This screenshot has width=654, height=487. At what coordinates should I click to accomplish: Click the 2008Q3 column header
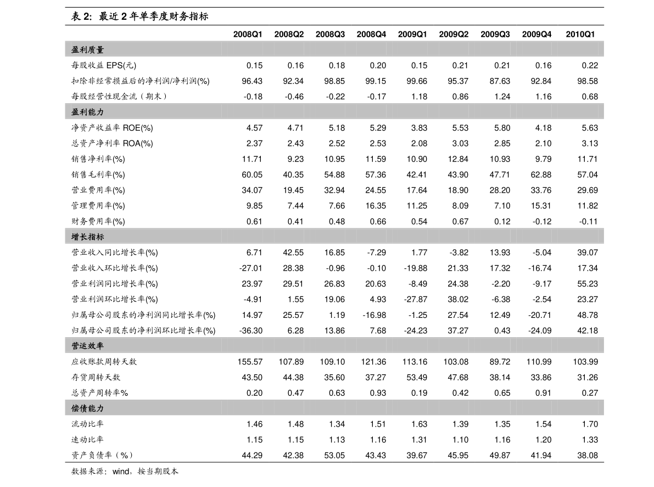point(330,34)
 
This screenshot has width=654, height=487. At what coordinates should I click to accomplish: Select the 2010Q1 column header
point(580,34)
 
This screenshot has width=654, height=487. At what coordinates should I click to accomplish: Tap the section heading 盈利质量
point(88,49)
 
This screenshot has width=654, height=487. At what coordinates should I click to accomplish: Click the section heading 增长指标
point(88,237)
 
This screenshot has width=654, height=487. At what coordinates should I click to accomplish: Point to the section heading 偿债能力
point(88,408)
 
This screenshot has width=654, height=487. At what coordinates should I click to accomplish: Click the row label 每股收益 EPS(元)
point(104,65)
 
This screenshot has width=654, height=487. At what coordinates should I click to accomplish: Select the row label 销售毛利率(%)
point(98,174)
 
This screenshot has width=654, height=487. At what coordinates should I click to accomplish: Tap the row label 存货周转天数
point(96,377)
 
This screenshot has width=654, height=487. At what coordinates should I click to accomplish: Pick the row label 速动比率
point(87,439)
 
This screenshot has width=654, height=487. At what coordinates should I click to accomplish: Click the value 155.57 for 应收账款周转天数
point(250,361)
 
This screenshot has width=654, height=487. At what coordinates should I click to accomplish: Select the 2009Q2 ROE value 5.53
point(460,127)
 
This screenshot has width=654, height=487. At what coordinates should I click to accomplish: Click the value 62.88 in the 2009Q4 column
point(541,174)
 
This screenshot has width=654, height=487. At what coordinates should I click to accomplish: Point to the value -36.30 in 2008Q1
point(250,330)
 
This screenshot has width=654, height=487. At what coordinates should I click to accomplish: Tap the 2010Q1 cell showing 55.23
point(587,283)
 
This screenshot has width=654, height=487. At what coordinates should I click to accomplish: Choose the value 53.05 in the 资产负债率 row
point(334,455)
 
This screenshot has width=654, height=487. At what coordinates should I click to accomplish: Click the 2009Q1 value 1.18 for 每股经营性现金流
point(419,96)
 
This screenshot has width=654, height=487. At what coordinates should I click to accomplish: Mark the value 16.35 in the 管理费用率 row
point(376,205)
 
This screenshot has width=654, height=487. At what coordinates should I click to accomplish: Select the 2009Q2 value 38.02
point(458,299)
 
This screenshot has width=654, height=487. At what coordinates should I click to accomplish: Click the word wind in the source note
point(121,471)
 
